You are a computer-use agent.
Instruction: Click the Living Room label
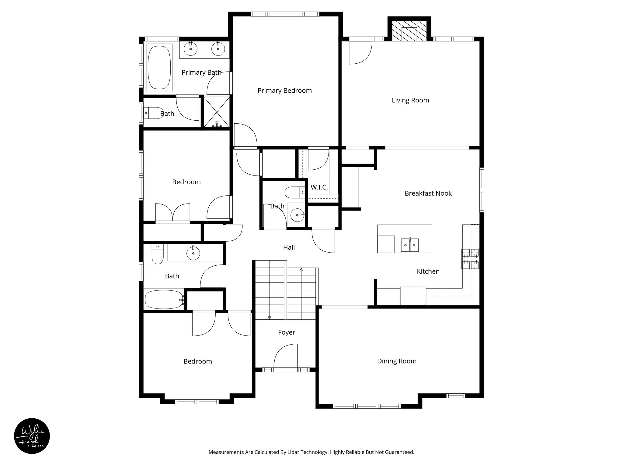click(x=410, y=100)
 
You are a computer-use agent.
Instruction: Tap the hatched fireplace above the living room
click(x=409, y=31)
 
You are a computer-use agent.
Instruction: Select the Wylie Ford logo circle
click(x=32, y=436)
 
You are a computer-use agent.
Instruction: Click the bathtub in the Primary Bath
click(x=159, y=67)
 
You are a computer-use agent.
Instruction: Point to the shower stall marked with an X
click(x=217, y=112)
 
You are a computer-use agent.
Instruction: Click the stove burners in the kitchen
click(x=470, y=259)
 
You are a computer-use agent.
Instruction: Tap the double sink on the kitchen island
click(x=410, y=245)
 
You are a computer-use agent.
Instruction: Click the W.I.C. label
click(x=319, y=187)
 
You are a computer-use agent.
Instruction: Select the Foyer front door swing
click(x=285, y=357)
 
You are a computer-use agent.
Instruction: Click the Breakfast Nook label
click(x=428, y=193)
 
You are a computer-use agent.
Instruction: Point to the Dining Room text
click(x=397, y=361)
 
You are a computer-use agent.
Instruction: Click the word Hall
click(x=289, y=247)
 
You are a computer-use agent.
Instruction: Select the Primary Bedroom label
click(x=284, y=90)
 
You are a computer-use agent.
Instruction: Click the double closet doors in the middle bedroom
click(x=172, y=212)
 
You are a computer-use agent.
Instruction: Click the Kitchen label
click(x=428, y=271)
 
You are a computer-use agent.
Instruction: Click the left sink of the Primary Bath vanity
click(x=191, y=49)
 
